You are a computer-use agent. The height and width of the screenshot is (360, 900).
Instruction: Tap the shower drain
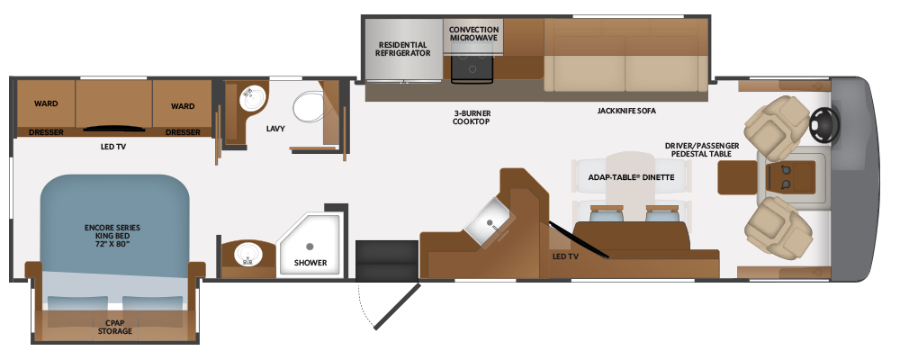pos(310,247)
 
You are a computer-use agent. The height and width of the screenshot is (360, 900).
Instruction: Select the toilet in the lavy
pos(310,106)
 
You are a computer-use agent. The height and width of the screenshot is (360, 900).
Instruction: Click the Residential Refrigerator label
pos(403,49)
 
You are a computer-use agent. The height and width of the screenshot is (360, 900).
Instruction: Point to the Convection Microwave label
pos(473,33)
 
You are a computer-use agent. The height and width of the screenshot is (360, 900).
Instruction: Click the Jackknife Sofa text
pos(626,111)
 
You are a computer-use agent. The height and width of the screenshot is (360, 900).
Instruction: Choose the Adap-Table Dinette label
pos(631,177)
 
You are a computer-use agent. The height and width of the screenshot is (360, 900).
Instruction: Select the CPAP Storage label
pos(115,328)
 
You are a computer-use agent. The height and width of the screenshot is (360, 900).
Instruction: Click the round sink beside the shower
pos(248,253)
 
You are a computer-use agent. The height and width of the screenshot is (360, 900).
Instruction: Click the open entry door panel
pos(397,306)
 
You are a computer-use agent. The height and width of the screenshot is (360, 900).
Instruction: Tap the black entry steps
pos(387,261)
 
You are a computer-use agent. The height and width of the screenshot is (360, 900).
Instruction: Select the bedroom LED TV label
pos(113,147)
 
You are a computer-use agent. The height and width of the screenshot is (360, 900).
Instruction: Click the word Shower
pos(310,263)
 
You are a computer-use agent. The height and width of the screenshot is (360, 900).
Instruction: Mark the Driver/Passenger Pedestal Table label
pos(702,150)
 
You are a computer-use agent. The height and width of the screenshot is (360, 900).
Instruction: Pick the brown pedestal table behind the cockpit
pos(738,177)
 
